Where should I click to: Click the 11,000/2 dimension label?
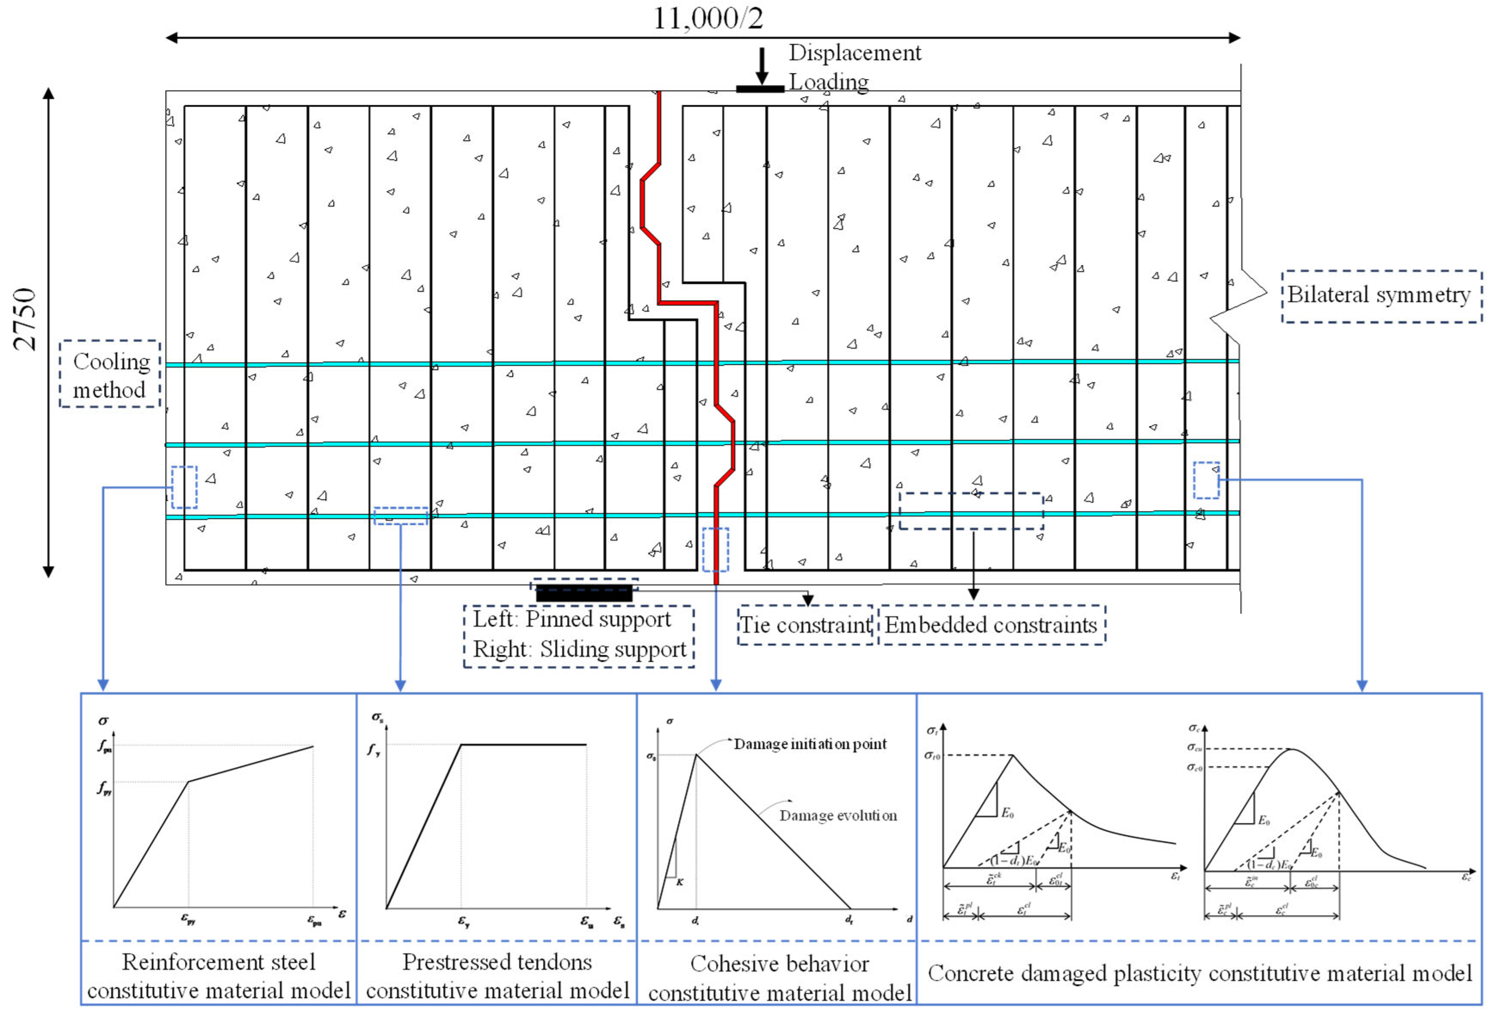click(708, 18)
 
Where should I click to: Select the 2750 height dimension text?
click(25, 319)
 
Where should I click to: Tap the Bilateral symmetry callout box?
click(1381, 296)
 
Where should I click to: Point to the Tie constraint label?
click(806, 625)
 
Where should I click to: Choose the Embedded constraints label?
click(991, 625)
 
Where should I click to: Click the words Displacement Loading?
click(853, 67)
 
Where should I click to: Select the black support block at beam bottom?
click(584, 593)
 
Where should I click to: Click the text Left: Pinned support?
click(571, 620)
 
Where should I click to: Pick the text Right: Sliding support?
click(579, 650)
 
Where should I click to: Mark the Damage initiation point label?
click(810, 744)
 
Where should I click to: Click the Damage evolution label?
click(838, 816)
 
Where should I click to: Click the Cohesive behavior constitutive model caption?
click(780, 978)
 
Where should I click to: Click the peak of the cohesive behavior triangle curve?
click(696, 754)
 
